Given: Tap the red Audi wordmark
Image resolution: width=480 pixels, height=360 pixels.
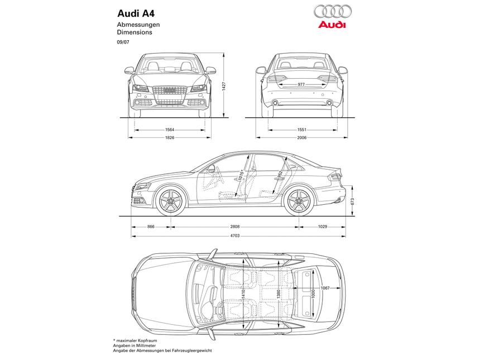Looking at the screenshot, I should coord(332,26).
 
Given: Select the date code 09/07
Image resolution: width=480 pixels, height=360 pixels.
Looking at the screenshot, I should coord(122,42).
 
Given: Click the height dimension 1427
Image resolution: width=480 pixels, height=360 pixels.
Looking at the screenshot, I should coord(224,87).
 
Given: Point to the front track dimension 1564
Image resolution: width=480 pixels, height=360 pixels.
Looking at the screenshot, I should coord(170,129).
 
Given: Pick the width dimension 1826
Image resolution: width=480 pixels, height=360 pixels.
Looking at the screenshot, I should coord(170,137).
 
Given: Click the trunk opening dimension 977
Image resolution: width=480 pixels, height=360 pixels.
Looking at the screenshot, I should coord(301,84).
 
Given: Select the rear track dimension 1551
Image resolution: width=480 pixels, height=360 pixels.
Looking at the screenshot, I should coord(301,129).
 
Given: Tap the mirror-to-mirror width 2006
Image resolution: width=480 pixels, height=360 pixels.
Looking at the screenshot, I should coord(301,137).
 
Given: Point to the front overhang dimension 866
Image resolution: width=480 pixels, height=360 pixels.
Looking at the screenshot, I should coord(151,227).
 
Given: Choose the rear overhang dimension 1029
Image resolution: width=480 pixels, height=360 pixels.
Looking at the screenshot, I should coord(322,227).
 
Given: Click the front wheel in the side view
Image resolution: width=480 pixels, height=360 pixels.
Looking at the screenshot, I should coord(171,201).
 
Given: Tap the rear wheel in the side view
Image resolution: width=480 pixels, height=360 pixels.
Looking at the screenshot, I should coord(299,201).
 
